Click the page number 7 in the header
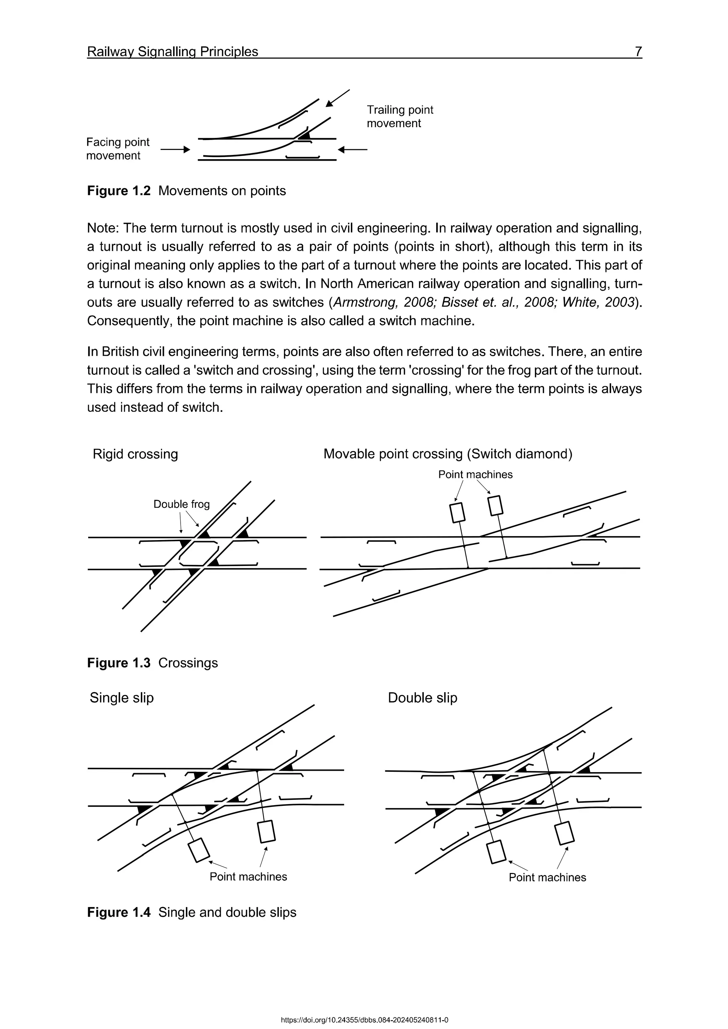point(638,52)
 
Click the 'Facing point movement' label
point(118,149)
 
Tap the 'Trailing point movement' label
point(400,117)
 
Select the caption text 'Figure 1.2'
point(119,190)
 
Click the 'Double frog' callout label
point(182,504)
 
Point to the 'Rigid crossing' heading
point(135,454)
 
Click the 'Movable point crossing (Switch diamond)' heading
point(448,454)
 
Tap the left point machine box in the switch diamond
point(457,513)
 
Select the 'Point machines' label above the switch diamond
point(475,475)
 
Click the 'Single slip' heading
point(122,698)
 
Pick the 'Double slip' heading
point(422,698)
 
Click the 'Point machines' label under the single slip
point(248,877)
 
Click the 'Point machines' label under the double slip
point(547,878)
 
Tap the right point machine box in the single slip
point(267,831)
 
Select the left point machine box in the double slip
point(496,852)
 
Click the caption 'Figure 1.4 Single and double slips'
point(192,912)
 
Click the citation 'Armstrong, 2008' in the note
point(368,302)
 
